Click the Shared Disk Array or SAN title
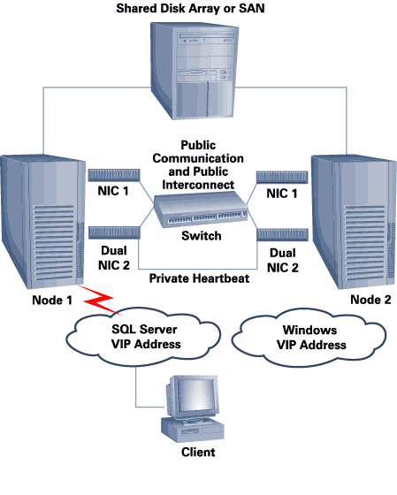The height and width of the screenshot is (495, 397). (x=190, y=8)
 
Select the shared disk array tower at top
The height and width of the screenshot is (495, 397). (x=194, y=71)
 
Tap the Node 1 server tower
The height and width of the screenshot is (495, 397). (x=42, y=221)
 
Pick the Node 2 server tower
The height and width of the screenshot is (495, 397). (x=354, y=222)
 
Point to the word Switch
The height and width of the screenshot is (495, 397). (x=202, y=236)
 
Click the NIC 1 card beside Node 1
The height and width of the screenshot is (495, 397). (x=114, y=175)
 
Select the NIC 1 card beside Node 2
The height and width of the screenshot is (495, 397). (x=282, y=178)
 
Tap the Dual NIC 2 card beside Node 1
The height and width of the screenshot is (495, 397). (x=114, y=232)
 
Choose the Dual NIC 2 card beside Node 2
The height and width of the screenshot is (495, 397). (x=282, y=235)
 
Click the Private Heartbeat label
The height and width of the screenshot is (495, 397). (x=199, y=278)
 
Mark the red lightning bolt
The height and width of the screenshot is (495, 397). (x=99, y=300)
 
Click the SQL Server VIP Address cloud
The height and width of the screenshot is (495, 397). (x=143, y=337)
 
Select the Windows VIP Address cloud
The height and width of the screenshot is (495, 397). (x=309, y=338)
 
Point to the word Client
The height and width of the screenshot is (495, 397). (x=198, y=452)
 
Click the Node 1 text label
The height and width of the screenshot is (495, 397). (x=52, y=301)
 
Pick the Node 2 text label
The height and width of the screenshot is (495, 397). (x=370, y=300)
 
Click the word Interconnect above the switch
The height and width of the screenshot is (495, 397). (x=198, y=185)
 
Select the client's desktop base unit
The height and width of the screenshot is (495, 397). (x=193, y=429)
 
